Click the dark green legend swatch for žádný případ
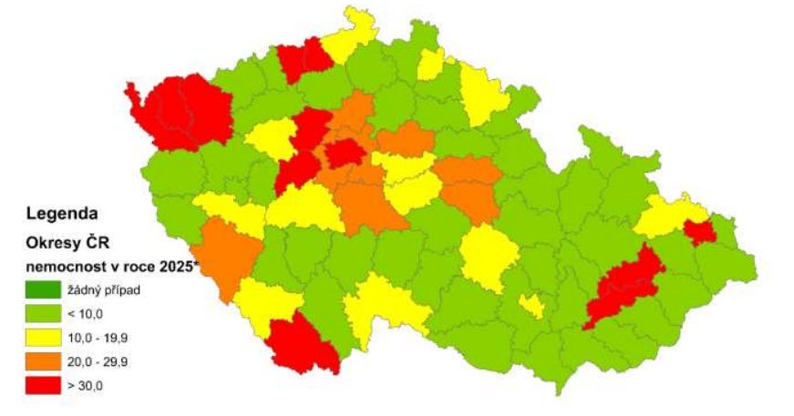click(x=41, y=290)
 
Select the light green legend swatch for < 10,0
click(x=41, y=314)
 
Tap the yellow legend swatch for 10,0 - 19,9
click(x=41, y=338)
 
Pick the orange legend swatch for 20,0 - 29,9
click(x=41, y=361)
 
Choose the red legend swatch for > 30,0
click(x=41, y=385)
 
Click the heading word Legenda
click(x=62, y=215)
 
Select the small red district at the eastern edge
click(x=699, y=232)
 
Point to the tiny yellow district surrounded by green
click(x=532, y=306)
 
